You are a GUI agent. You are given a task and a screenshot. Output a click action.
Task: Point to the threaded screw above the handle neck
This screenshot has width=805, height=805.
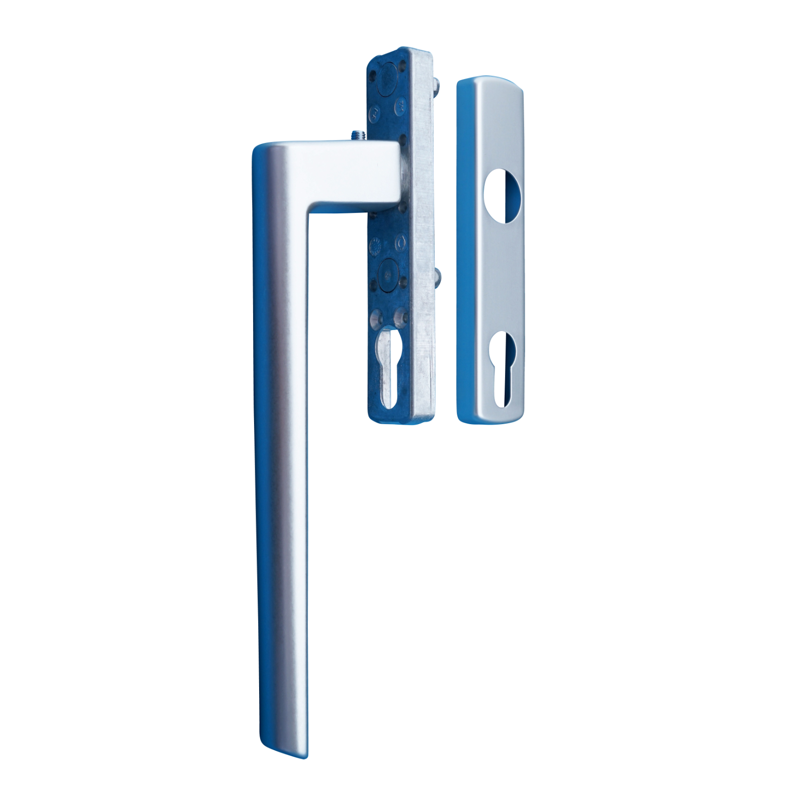tap(358, 135)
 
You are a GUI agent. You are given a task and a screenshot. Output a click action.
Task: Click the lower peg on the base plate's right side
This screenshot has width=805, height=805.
tap(437, 276)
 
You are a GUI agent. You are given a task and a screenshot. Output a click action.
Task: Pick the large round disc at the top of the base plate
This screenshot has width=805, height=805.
tap(386, 79)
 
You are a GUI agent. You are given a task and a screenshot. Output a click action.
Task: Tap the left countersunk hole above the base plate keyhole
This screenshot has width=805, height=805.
tap(375, 317)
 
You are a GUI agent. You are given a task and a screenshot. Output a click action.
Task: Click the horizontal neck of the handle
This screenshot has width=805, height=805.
tap(352, 174)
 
